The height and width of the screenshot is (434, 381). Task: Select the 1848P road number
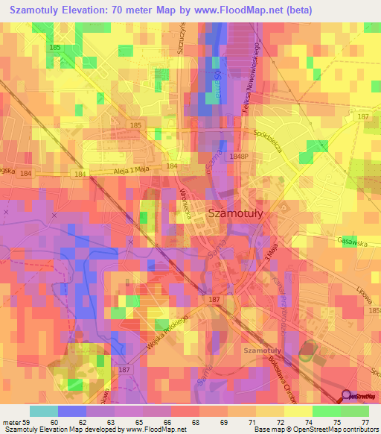239,157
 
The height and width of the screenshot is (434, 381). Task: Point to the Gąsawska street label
353,241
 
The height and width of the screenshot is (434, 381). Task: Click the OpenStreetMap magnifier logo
347,396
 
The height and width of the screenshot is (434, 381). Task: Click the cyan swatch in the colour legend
44,410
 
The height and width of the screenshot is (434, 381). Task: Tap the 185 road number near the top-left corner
54,47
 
